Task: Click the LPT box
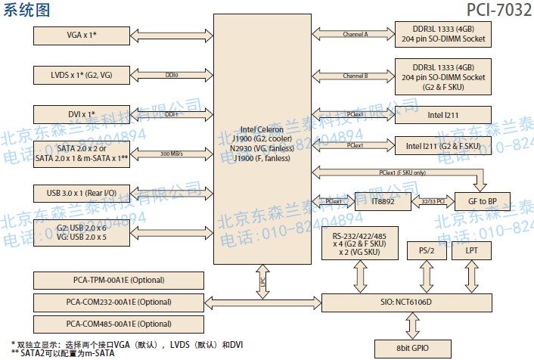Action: point(472,250)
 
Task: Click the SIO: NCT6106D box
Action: point(411,303)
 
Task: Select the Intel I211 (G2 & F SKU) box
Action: point(442,145)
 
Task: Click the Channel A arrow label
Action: point(355,35)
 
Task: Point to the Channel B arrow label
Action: point(355,76)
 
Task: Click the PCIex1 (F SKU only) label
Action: point(402,172)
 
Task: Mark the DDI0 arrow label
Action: point(172,75)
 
